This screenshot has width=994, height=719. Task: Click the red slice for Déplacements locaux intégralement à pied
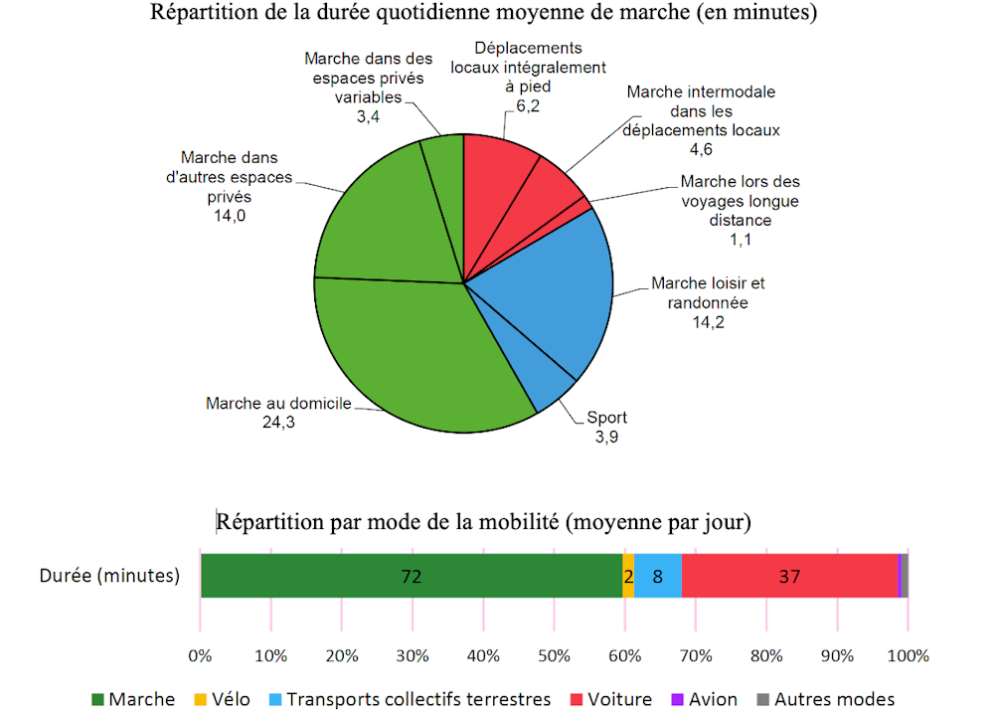(497, 169)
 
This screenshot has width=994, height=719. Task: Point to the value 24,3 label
(278, 422)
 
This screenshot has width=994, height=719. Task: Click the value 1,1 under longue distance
(740, 238)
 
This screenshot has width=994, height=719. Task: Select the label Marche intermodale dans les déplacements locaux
(701, 110)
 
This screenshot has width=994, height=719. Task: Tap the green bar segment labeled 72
(412, 576)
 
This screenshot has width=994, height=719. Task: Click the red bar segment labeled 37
(789, 576)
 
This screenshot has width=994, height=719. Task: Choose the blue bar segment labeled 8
(658, 576)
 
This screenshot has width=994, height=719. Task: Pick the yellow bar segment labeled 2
(628, 576)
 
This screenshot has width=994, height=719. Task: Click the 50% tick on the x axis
(554, 656)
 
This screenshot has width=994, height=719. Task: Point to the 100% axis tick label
(907, 656)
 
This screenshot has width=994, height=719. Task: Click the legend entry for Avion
(707, 699)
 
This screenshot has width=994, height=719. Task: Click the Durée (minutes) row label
(109, 576)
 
